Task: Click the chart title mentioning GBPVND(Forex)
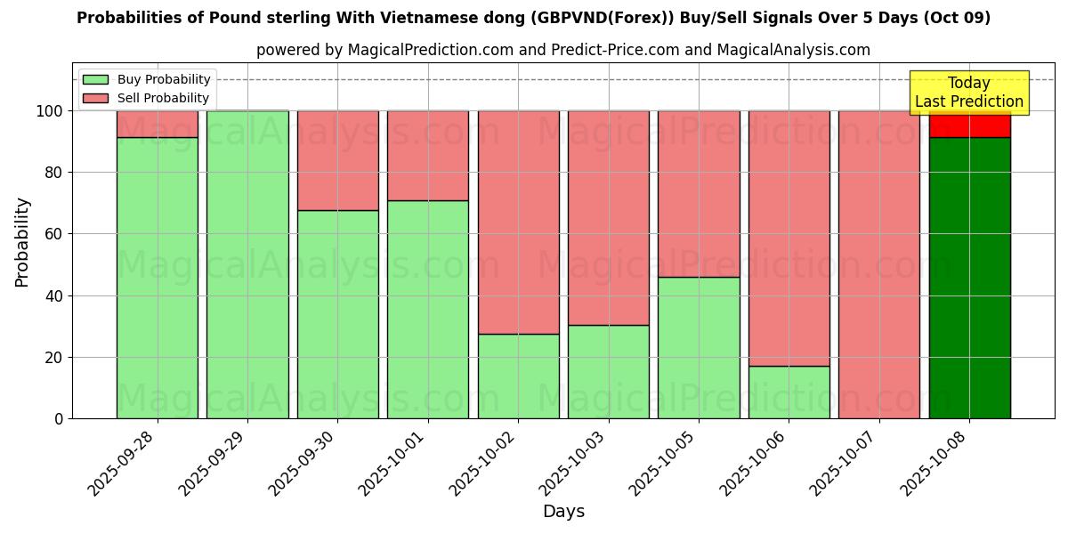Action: tap(533, 18)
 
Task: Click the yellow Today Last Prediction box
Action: tap(968, 93)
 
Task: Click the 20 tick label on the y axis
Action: tap(54, 358)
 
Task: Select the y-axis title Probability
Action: tap(22, 241)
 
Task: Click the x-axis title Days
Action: tap(563, 512)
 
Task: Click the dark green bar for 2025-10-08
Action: tap(969, 278)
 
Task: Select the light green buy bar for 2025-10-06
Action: tap(789, 392)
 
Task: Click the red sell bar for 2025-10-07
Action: tap(878, 264)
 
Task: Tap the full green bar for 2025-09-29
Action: tap(247, 264)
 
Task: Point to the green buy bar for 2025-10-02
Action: tap(518, 376)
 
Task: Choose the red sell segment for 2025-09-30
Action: tap(337, 160)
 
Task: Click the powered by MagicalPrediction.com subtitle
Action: tap(562, 50)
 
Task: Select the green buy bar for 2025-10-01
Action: tap(427, 309)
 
